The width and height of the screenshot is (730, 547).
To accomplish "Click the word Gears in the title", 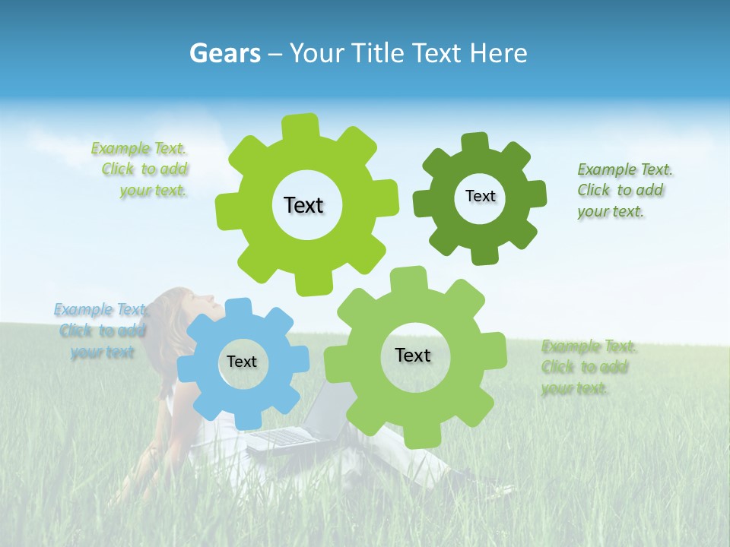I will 224,53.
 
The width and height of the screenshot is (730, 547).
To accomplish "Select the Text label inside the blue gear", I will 242,362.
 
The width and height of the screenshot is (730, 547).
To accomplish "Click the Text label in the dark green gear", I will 480,196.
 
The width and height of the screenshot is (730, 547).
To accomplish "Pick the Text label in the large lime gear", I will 303,205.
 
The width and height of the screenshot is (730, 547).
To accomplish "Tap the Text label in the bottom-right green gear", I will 413,355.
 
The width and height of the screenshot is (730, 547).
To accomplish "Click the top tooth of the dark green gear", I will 475,143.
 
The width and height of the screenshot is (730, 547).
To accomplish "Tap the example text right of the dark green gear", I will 621,191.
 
